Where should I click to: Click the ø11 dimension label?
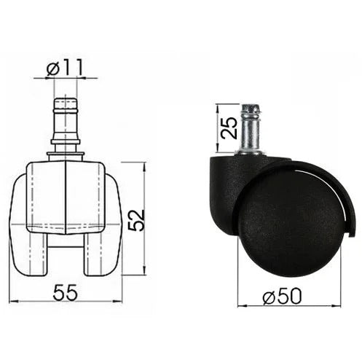click(x=65, y=67)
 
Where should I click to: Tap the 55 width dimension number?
click(x=66, y=292)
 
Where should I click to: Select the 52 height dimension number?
click(x=136, y=221)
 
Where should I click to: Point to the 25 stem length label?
click(x=229, y=128)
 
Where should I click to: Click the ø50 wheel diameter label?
click(x=283, y=296)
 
